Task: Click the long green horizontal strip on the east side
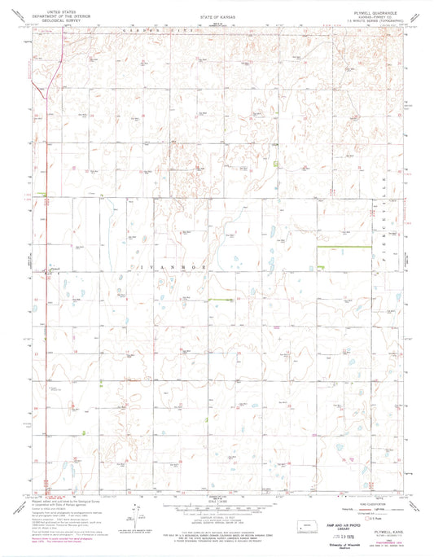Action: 333,248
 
